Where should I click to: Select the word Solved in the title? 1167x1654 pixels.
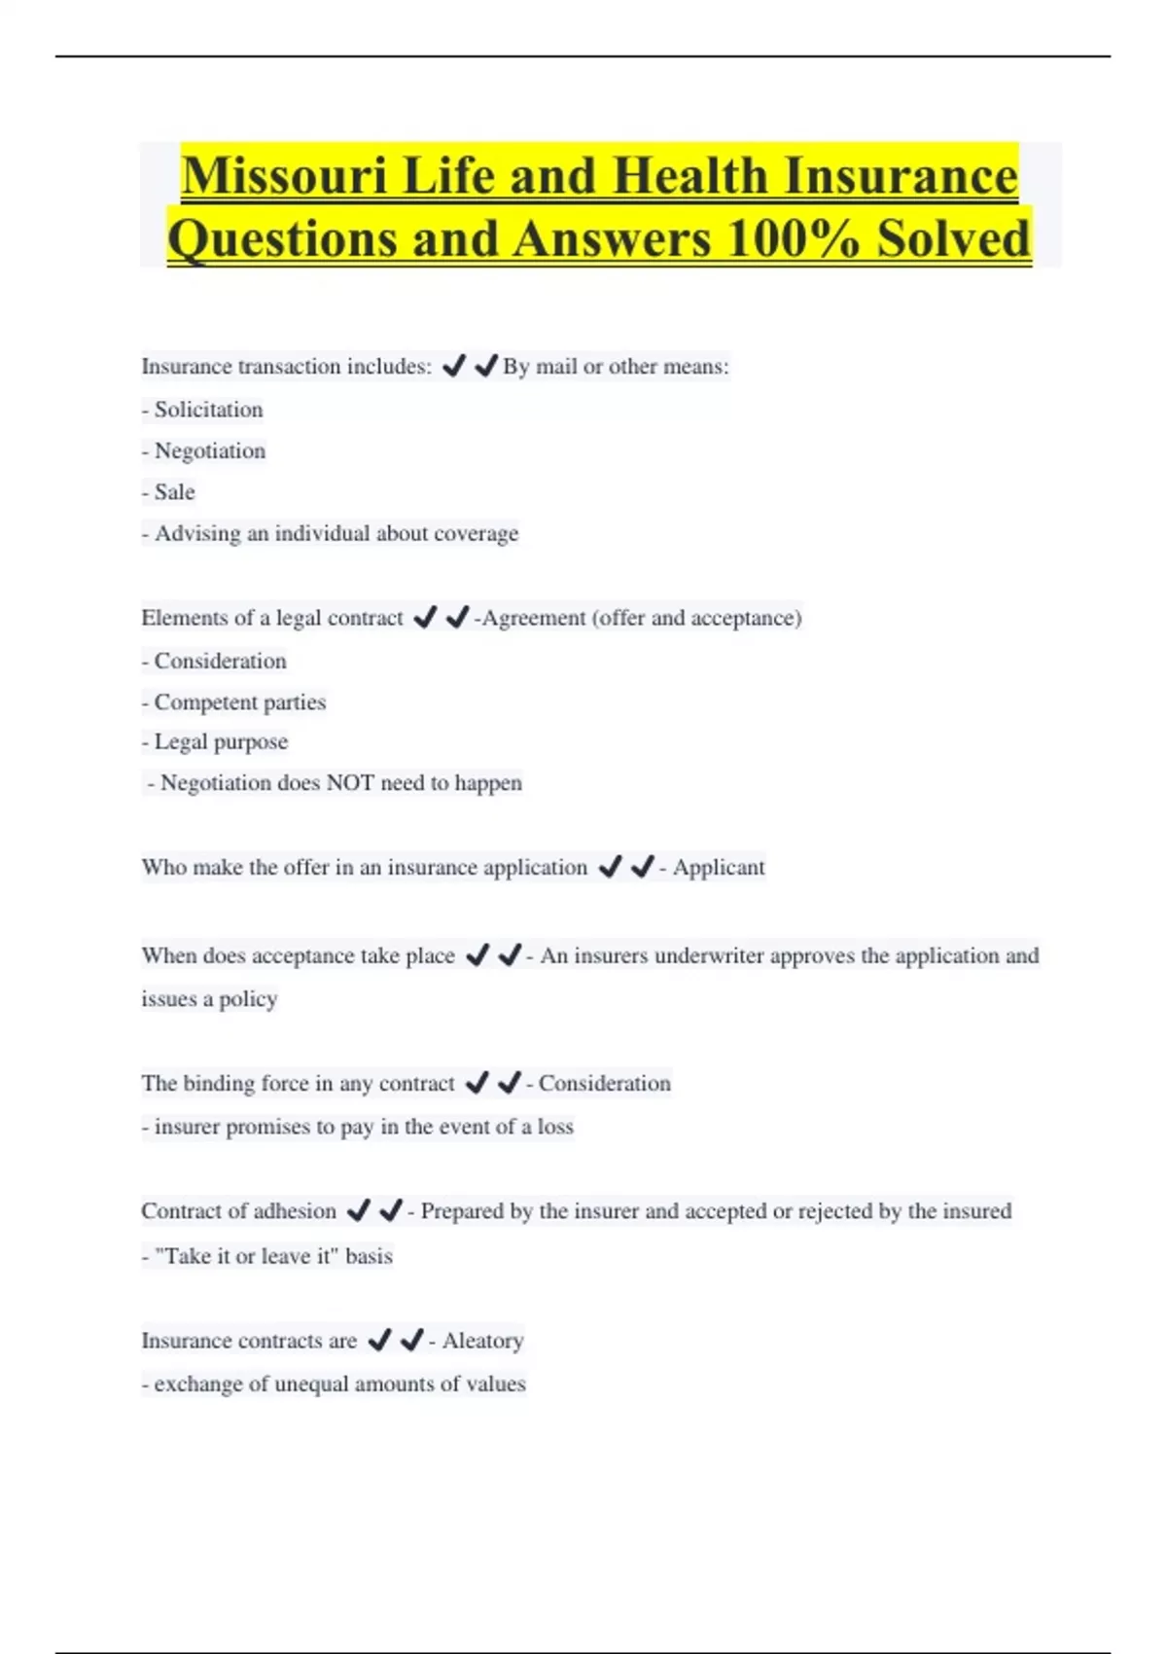tap(953, 239)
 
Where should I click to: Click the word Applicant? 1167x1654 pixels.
tap(719, 868)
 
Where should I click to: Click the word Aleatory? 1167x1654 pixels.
tap(482, 1341)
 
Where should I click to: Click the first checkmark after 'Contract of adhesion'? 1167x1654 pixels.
tap(359, 1210)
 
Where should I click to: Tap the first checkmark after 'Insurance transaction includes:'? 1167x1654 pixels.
tap(453, 366)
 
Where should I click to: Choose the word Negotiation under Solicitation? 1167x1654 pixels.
tap(210, 451)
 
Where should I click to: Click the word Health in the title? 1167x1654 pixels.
tap(690, 177)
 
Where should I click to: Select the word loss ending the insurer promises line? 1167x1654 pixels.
tap(555, 1127)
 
